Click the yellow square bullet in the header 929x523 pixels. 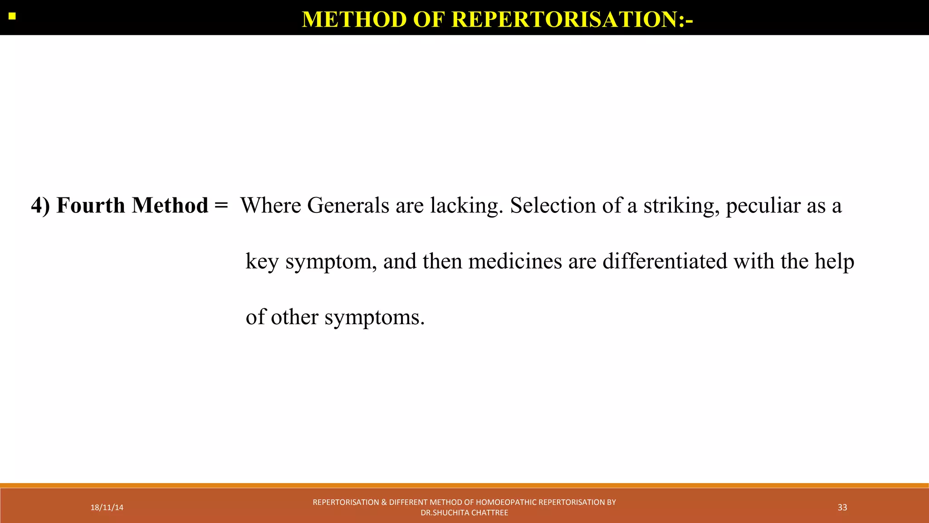click(x=12, y=17)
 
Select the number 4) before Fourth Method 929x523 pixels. click(x=40, y=206)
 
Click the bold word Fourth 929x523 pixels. click(x=91, y=205)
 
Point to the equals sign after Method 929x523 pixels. click(x=221, y=206)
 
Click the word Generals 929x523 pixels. click(x=348, y=206)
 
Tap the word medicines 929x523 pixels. click(x=515, y=261)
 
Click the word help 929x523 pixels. click(x=834, y=261)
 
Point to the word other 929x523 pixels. click(x=294, y=317)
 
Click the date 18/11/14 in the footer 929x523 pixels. click(x=107, y=508)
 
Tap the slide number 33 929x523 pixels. click(x=842, y=508)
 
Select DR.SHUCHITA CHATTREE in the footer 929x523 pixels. click(x=464, y=513)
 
